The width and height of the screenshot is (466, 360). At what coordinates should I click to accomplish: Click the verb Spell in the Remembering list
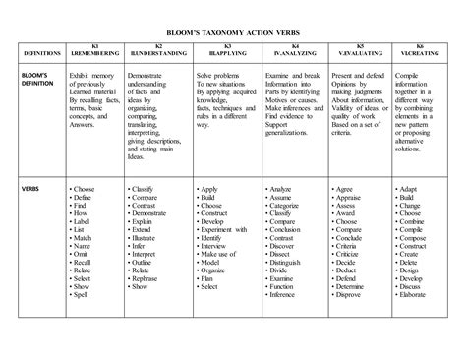(x=84, y=296)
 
